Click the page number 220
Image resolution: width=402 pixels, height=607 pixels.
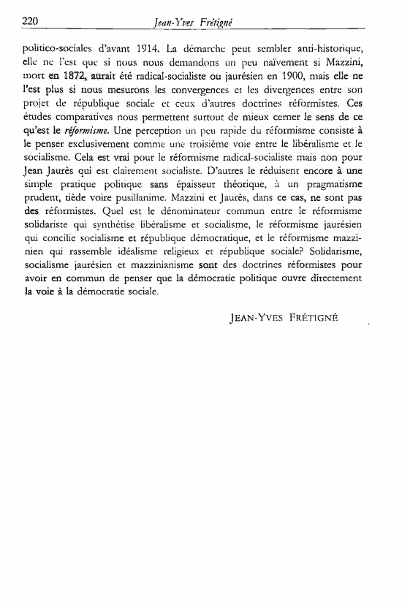[x=29, y=21]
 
